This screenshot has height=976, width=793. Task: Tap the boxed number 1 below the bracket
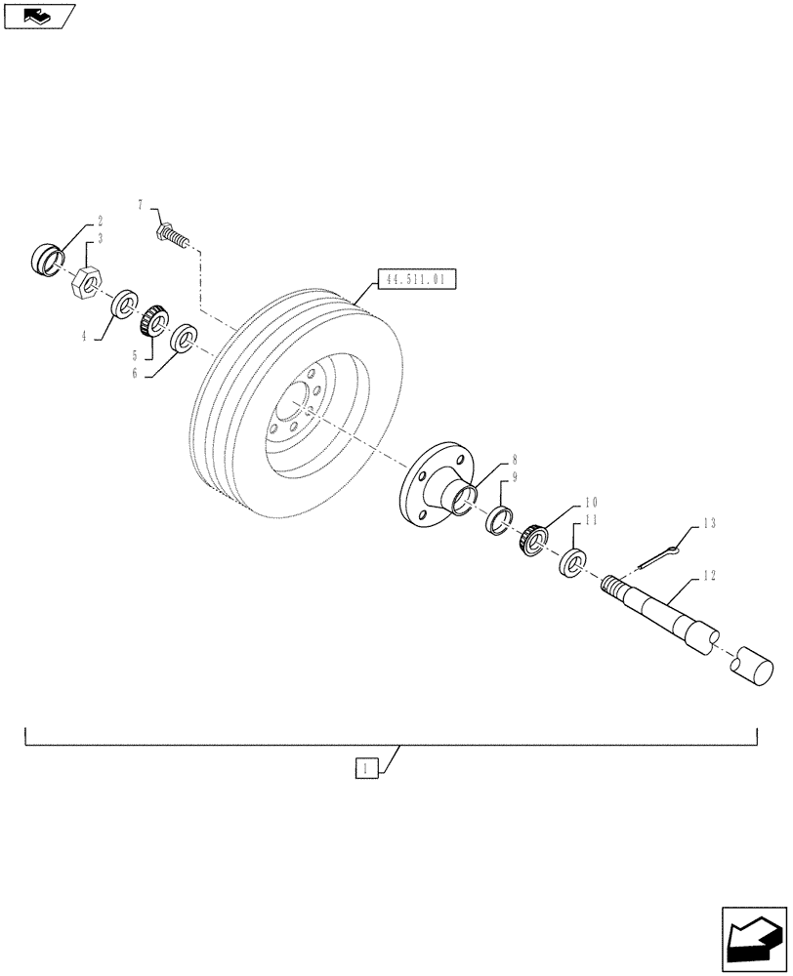[364, 770]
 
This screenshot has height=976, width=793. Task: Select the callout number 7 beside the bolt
[141, 205]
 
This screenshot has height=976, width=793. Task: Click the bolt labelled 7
[172, 235]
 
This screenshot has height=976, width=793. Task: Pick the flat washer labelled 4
[123, 305]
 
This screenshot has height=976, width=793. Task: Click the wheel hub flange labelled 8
[433, 485]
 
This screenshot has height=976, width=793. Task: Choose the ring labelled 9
[501, 519]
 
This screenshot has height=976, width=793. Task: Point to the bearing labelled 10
[531, 540]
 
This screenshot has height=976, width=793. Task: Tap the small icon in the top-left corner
[39, 14]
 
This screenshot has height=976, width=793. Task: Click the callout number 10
[591, 503]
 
